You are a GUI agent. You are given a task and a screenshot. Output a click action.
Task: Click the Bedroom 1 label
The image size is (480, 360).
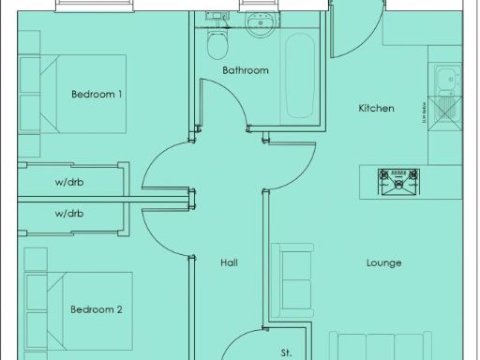click(97, 95)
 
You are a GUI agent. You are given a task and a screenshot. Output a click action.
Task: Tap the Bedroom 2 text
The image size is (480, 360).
click(97, 309)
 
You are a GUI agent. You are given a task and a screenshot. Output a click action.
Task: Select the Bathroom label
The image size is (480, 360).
click(246, 70)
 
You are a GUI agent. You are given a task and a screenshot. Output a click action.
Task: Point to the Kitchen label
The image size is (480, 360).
click(376, 109)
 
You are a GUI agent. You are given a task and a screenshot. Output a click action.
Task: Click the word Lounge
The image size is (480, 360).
click(383, 263)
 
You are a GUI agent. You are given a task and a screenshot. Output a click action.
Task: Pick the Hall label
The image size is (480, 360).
click(228, 263)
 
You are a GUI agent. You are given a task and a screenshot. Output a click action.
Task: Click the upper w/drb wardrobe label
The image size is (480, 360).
click(69, 183)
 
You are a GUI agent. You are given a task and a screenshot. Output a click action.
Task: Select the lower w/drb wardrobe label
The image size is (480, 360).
click(69, 214)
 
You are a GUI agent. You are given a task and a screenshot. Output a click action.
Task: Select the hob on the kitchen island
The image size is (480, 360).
click(400, 183)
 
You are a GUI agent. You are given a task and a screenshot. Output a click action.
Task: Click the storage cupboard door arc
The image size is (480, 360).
click(242, 342)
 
